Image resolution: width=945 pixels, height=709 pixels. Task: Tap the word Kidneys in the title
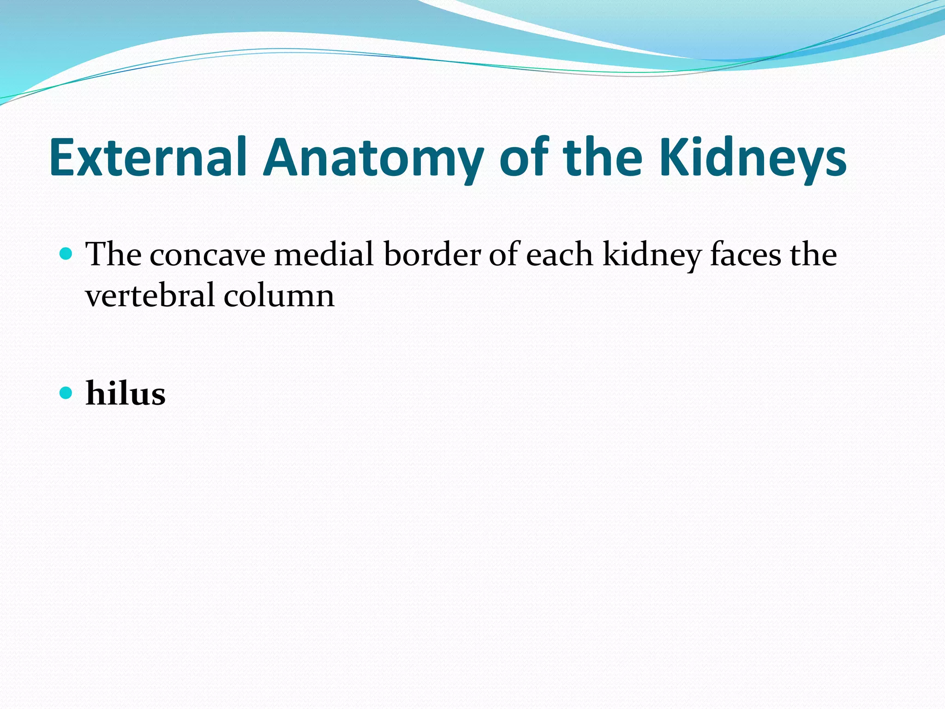tap(753, 157)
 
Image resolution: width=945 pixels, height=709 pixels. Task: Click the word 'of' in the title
tap(524, 157)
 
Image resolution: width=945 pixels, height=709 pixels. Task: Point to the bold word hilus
tap(126, 394)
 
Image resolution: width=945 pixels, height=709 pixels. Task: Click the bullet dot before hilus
tap(66, 393)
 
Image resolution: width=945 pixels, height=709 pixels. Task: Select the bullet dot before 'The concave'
tap(66, 253)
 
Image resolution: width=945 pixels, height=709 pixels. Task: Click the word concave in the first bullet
tap(207, 255)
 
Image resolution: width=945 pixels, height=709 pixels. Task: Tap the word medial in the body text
tap(323, 255)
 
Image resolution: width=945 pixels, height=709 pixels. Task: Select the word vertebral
tap(150, 295)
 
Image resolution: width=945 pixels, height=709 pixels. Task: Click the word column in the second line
tap(279, 295)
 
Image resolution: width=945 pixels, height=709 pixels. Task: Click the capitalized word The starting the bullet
tap(114, 255)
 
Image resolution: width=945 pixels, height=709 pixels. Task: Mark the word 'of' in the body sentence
tap(502, 255)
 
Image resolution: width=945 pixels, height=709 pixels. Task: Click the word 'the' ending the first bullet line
tap(813, 255)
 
